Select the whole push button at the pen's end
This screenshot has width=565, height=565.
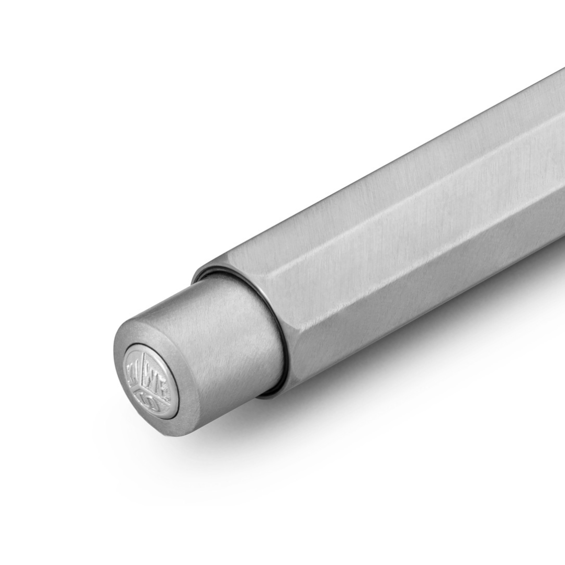pyautogui.click(x=199, y=356)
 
